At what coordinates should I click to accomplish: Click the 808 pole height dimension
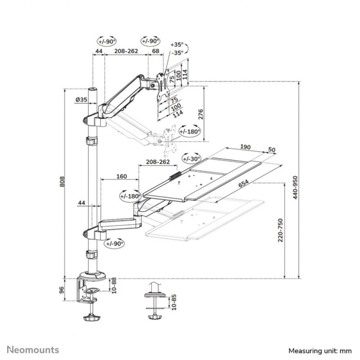click(x=62, y=182)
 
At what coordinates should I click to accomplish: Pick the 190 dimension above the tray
click(x=246, y=147)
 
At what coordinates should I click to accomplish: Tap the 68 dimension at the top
click(x=156, y=51)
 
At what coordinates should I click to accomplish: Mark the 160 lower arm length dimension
click(x=122, y=176)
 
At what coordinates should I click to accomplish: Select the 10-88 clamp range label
click(x=114, y=285)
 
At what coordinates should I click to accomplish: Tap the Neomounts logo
click(x=33, y=350)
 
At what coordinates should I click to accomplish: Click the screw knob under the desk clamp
click(x=91, y=318)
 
